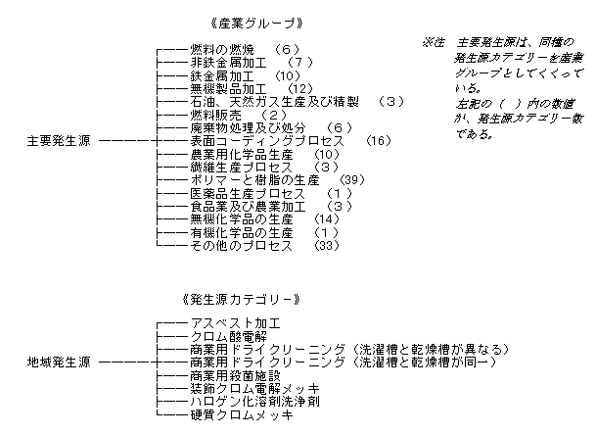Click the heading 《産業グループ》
point(256,24)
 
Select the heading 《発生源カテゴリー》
point(242,300)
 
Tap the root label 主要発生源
point(59,141)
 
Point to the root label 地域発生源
point(59,362)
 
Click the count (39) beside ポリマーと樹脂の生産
point(352,179)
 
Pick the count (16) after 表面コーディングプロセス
point(378,141)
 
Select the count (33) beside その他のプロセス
point(327,246)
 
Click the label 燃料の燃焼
point(222,49)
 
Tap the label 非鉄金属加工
point(228,63)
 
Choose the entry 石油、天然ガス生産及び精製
point(274,102)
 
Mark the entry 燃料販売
point(215,115)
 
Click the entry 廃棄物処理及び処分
point(248,128)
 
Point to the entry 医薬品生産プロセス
point(248,193)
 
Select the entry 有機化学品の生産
point(242,232)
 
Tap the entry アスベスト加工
point(235,323)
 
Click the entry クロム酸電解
point(228,336)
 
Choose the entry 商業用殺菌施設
point(235,375)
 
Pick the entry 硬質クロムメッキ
point(242,414)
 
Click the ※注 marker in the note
point(433,42)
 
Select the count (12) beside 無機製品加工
point(300,89)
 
